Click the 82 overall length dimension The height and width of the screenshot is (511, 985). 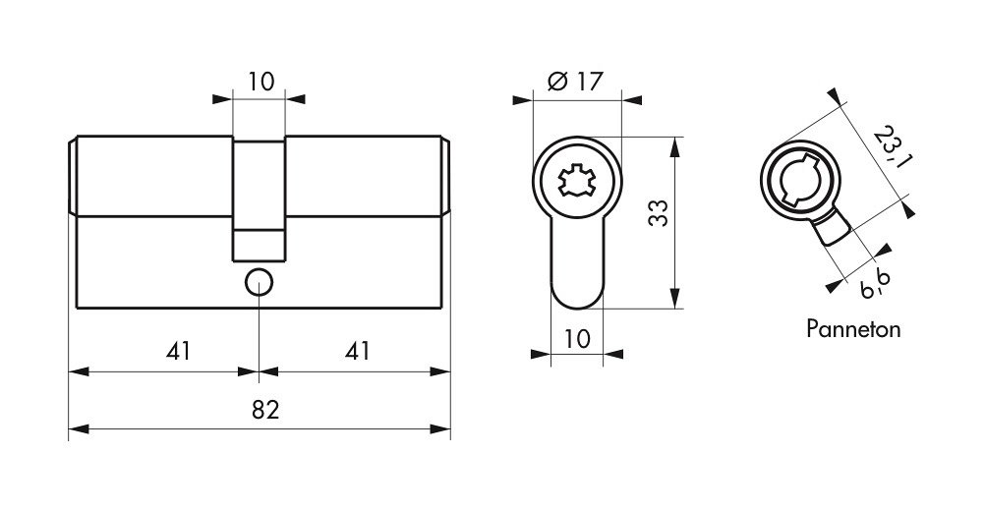(265, 410)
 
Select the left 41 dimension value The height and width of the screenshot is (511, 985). (178, 352)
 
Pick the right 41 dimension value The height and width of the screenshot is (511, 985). (358, 352)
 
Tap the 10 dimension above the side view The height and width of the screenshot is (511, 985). (261, 82)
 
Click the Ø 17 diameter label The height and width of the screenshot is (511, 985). (575, 82)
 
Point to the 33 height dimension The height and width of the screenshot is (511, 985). (658, 213)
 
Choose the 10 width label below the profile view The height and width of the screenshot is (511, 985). (577, 339)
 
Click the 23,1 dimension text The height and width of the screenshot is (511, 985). (892, 146)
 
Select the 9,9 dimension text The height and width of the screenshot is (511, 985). (875, 286)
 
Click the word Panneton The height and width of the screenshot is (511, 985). (853, 329)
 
